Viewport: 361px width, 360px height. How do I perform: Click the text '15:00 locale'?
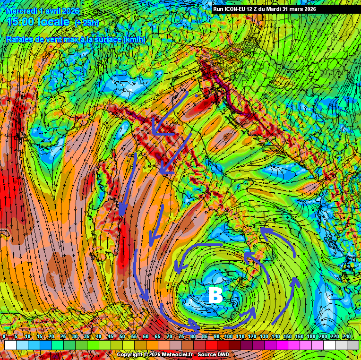(x=39, y=22)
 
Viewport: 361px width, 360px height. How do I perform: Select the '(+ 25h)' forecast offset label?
(x=87, y=22)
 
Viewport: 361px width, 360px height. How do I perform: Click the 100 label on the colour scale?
(x=229, y=336)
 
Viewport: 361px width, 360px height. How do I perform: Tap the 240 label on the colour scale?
(x=347, y=336)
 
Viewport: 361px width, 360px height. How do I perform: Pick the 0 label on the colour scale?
(x=4, y=336)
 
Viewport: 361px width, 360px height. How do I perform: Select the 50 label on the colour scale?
(x=122, y=336)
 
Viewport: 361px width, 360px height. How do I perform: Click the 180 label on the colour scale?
(x=312, y=336)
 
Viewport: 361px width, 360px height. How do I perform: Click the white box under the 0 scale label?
(x=10, y=345)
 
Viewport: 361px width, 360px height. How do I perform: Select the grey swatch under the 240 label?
(x=353, y=345)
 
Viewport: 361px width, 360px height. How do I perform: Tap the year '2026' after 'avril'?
(x=70, y=10)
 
